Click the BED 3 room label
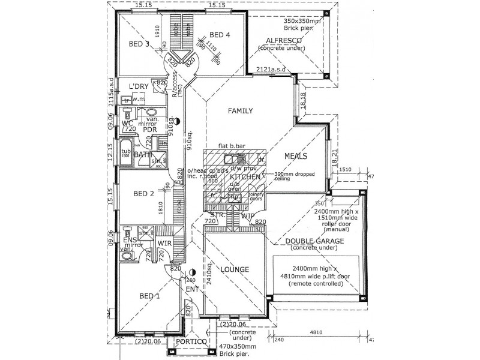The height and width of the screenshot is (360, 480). click(139, 44)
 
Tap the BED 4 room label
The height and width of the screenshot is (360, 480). click(219, 35)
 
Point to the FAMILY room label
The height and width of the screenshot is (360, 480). click(240, 110)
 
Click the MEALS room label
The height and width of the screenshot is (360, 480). click(296, 156)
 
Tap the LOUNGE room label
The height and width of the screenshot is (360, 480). click(234, 269)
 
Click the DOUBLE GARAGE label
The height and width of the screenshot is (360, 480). click(314, 241)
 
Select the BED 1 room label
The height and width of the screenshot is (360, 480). click(149, 295)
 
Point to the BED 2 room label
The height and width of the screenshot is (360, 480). click(144, 194)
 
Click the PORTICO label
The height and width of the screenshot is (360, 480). click(191, 342)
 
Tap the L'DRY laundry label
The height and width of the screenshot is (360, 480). click(139, 86)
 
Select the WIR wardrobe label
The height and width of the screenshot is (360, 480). click(164, 243)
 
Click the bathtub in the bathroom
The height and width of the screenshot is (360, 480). click(126, 151)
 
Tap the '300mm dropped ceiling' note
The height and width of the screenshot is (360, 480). click(283, 176)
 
